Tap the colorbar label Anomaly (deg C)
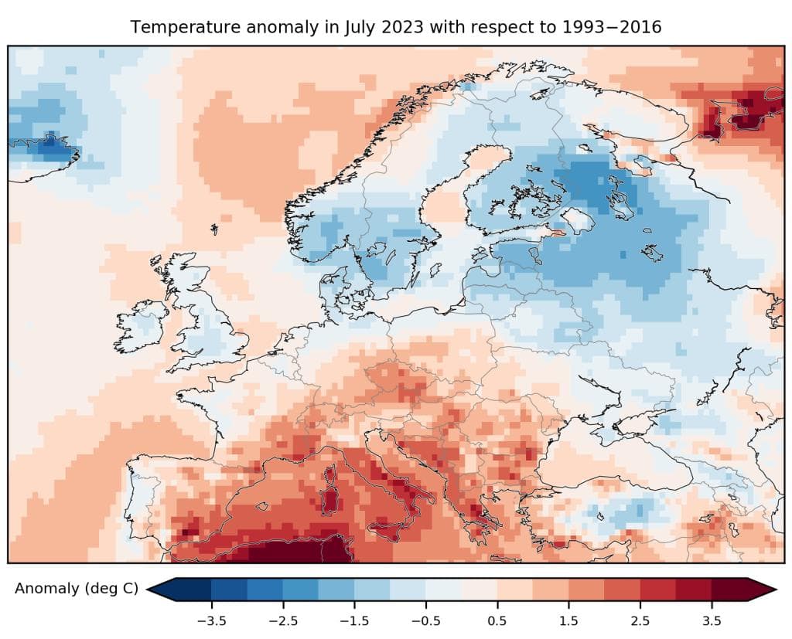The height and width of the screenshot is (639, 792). [77, 589]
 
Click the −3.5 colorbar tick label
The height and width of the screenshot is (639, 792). [210, 620]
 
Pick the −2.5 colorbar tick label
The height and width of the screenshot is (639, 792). [282, 620]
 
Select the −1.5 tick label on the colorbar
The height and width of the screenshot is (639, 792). [353, 620]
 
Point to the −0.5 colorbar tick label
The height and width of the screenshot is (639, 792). [425, 620]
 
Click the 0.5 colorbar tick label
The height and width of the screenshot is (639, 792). [497, 620]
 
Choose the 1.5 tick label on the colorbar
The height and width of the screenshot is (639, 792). [568, 620]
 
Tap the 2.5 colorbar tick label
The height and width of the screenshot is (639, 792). [640, 620]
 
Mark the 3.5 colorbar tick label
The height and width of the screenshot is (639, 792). [712, 620]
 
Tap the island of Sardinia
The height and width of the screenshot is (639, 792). [330, 495]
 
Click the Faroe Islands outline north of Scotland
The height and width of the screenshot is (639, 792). [213, 229]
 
